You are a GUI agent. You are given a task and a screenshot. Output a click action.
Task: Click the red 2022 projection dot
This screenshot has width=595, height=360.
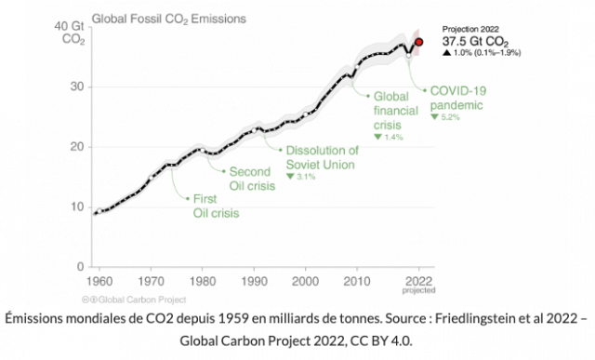coord(419,42)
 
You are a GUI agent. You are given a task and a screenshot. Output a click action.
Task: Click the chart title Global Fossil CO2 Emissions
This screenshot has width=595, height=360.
coord(169,19)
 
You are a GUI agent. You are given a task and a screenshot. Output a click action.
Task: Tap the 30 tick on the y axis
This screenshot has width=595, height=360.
coord(76,87)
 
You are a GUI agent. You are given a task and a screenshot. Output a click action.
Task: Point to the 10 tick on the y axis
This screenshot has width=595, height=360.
coord(76,207)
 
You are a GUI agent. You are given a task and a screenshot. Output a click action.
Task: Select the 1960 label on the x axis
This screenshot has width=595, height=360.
coord(99,282)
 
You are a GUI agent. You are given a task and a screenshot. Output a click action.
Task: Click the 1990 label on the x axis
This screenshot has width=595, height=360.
coord(254,282)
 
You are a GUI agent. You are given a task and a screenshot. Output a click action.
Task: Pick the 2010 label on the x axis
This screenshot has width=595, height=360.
coord(357,282)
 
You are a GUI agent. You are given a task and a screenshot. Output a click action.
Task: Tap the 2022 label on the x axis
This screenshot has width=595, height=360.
coord(418,281)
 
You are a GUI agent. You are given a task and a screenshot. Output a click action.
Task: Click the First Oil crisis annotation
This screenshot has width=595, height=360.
coord(216,206)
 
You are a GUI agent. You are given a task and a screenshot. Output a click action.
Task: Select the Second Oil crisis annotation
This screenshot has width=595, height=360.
coord(252,179)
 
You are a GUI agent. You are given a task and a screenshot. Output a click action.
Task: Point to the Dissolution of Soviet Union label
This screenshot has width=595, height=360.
coord(322,157)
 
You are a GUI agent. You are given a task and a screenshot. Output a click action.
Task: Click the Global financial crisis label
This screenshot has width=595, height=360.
coord(395,111)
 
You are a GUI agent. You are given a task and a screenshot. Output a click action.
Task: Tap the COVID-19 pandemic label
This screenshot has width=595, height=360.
coord(457,98)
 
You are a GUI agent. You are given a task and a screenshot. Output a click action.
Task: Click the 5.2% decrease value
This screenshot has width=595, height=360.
coord(450,117)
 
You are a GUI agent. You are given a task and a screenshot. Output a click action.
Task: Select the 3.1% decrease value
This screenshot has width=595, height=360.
coord(306,177)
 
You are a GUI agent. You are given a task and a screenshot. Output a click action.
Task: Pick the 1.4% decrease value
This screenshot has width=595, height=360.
coord(393,137)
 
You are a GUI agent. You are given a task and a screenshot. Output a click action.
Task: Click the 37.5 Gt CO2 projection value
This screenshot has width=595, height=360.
coord(475,41)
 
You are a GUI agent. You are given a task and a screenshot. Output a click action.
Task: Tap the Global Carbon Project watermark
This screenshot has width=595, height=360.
coord(134,300)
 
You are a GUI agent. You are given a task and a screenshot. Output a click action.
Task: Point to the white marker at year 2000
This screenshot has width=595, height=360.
coord(306,113)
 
